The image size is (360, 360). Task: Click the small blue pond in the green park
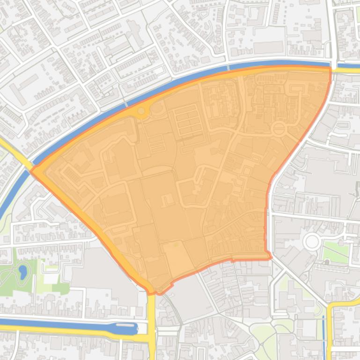point(22,271)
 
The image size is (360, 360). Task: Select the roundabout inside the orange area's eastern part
point(279,128)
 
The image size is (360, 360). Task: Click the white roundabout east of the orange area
point(311,242)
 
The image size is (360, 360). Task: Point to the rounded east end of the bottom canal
point(135,329)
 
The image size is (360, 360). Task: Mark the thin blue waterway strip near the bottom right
point(323,337)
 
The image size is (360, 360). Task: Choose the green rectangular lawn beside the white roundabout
point(336,253)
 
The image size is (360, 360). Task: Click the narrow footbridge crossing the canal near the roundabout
point(125,104)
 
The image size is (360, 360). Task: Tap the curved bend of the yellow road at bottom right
point(331,307)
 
